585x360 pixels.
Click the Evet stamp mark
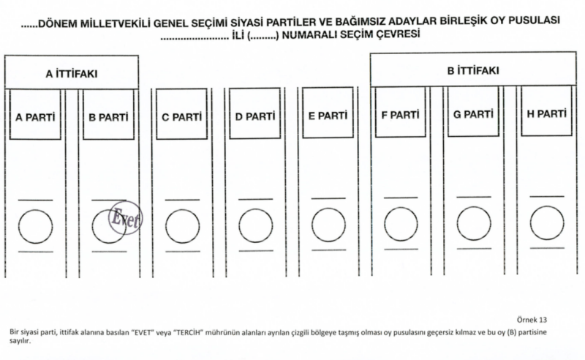pos(126,218)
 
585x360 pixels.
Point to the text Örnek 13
pos(532,320)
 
